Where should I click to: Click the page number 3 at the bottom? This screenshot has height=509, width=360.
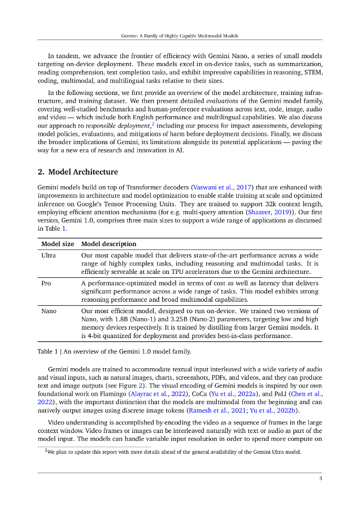tap(321, 478)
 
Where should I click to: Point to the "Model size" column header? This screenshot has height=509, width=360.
tap(58, 244)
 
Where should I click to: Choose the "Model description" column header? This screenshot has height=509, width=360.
tap(108, 244)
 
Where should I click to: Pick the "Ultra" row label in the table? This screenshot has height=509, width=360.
tap(49, 255)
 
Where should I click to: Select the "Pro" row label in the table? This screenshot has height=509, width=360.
tap(46, 283)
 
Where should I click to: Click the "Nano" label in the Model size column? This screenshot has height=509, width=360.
tap(49, 311)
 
